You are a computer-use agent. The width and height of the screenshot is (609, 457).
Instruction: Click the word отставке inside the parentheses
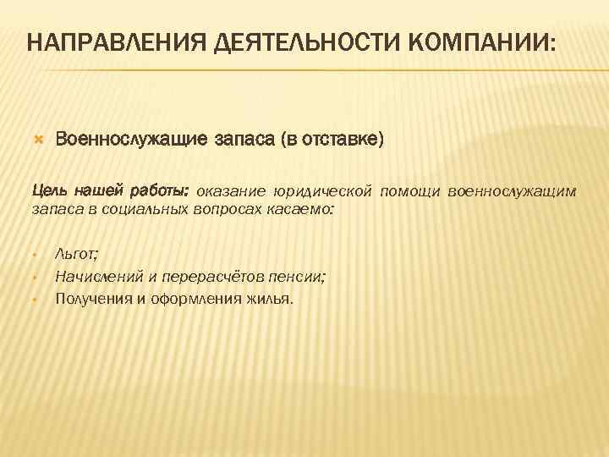pos(337,138)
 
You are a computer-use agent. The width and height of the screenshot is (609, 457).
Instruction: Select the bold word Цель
pos(49,190)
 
